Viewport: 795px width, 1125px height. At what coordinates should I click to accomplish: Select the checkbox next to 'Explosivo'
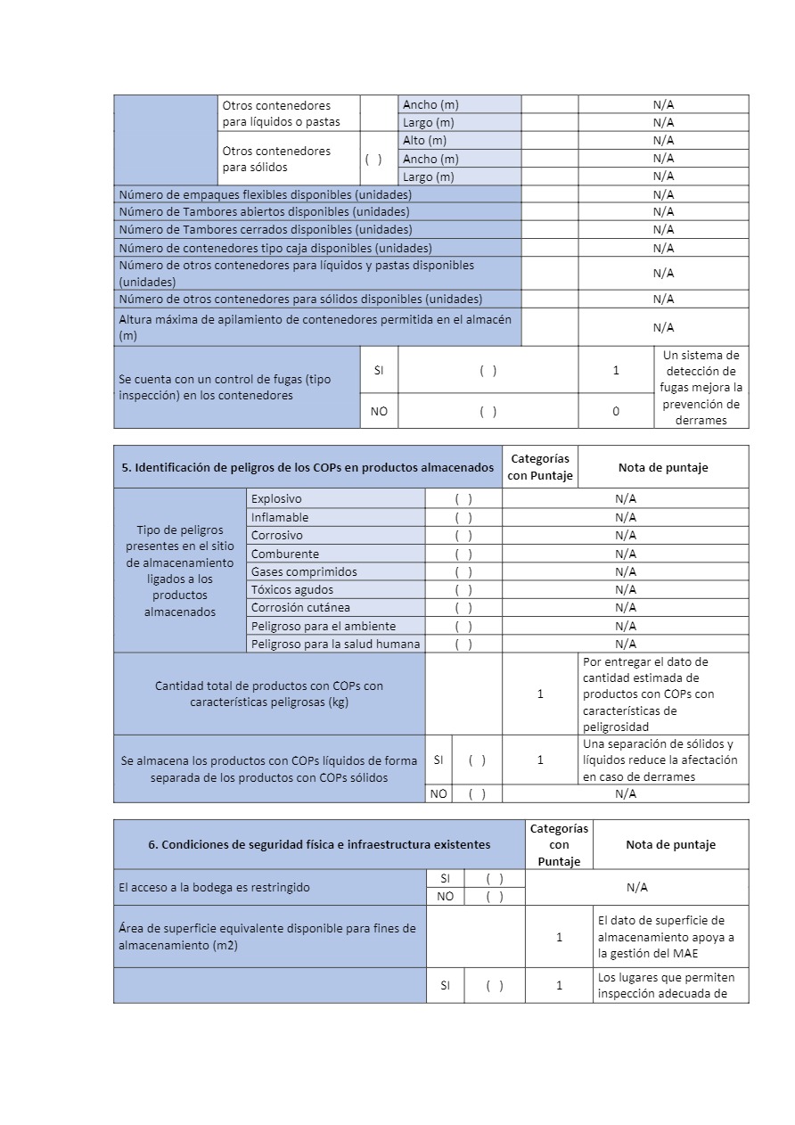coord(463,499)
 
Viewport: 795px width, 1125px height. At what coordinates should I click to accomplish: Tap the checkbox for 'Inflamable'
coord(463,517)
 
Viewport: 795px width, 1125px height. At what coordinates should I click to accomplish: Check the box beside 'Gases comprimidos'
coord(463,571)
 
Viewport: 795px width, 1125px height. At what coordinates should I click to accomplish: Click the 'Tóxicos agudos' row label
coord(292,589)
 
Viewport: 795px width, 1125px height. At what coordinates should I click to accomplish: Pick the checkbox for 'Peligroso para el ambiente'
coord(463,626)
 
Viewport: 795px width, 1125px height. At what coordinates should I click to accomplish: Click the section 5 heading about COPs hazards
coord(307,467)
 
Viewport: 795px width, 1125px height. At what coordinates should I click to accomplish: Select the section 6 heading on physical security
coord(319,844)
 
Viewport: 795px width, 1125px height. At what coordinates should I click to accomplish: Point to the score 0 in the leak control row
coord(616,411)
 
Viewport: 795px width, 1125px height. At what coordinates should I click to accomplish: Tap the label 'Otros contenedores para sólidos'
coord(276,159)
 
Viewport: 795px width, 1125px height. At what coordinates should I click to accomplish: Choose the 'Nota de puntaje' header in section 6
coord(670,844)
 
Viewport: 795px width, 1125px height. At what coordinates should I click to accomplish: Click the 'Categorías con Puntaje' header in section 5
coord(540,467)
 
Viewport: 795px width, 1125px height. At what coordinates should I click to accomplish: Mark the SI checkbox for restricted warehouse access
coord(495,878)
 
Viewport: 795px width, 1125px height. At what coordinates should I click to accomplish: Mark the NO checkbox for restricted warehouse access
coord(495,897)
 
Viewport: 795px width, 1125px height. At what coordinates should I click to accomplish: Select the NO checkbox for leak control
coord(488,411)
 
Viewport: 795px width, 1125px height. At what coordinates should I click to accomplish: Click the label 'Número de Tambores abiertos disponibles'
coord(264,212)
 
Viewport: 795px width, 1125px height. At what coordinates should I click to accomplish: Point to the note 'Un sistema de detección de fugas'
coord(701,388)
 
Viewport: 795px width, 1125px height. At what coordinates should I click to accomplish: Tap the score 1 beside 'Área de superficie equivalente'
coord(559,937)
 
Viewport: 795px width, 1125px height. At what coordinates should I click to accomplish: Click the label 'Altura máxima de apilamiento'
coord(315,327)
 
